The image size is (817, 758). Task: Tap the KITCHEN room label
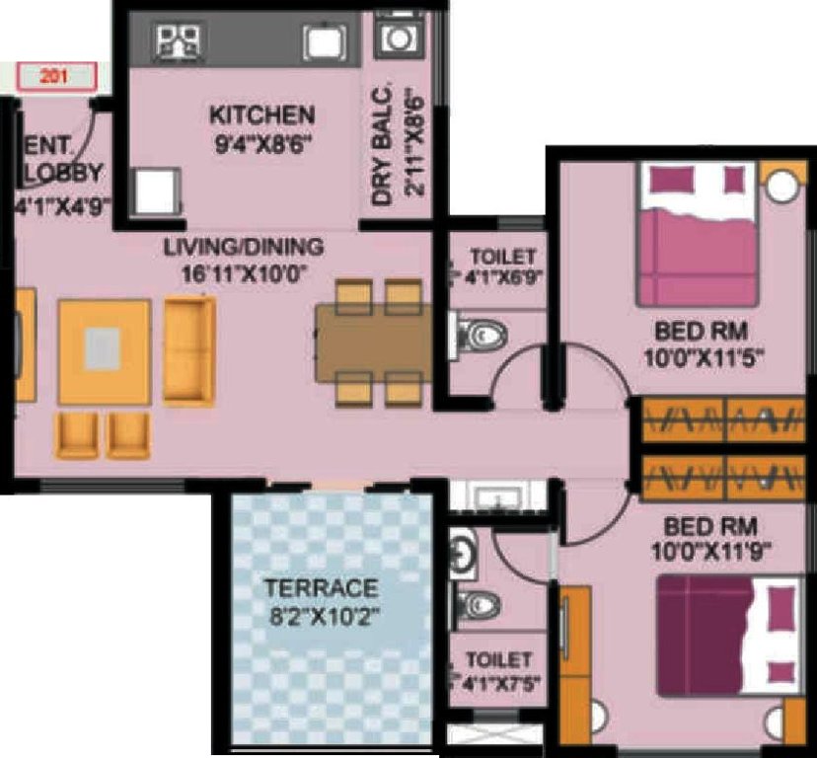[261, 115]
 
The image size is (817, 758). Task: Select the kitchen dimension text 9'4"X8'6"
[261, 141]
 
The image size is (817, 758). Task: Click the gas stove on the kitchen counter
[180, 40]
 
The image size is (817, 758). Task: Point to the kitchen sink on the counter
[322, 41]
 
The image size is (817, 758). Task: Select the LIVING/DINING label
[243, 246]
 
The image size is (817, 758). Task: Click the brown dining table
[372, 342]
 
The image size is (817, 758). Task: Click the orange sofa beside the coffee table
[189, 351]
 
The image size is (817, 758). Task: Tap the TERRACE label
[321, 589]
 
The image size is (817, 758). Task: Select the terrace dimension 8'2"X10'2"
[321, 616]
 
